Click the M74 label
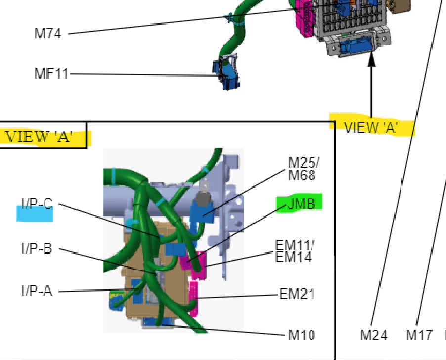[x=48, y=33]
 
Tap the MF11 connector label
[x=51, y=73]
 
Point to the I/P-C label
[x=37, y=204]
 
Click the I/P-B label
[x=37, y=248]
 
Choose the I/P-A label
[x=37, y=291]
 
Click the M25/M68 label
[x=303, y=169]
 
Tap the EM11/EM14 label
[x=295, y=251]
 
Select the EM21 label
[x=297, y=294]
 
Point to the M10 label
[x=302, y=335]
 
